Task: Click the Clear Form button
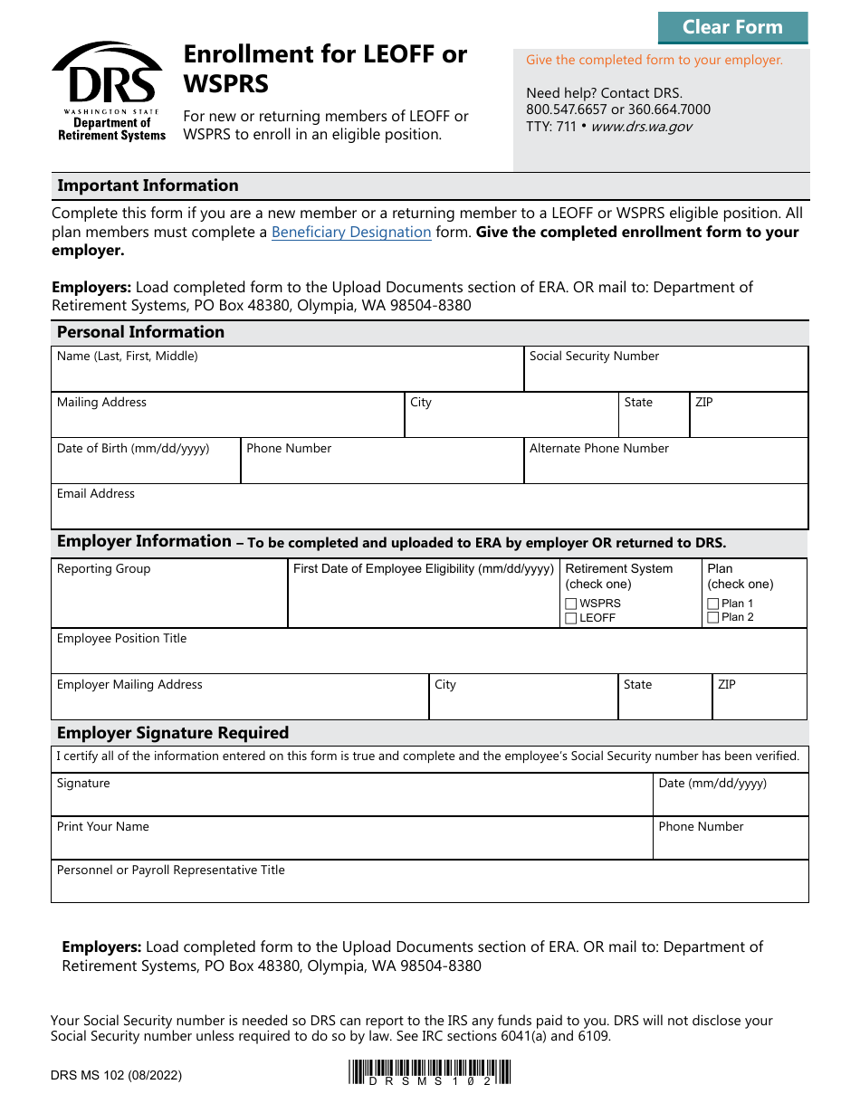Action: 732,27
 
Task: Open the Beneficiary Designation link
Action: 351,233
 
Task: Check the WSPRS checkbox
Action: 571,604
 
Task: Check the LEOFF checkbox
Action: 571,618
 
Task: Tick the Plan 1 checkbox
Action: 713,604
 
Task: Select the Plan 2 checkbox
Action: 713,617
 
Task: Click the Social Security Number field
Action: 665,376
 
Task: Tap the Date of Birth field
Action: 146,468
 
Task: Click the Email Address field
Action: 429,513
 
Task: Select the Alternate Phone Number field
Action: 665,468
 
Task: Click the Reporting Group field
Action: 169,601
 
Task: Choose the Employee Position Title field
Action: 429,658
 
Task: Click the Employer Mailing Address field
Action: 240,704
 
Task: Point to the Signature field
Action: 352,801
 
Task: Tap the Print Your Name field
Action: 352,844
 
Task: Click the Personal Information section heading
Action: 140,332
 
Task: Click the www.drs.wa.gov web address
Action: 641,127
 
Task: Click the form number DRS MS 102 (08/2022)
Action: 116,1076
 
